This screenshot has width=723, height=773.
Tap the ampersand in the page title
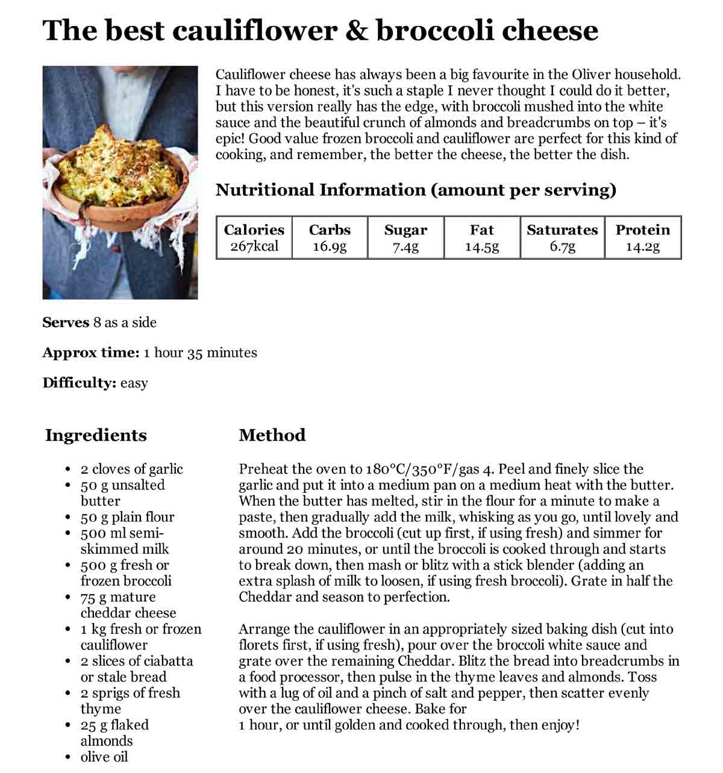coord(356,30)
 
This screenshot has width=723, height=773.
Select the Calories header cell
coord(254,230)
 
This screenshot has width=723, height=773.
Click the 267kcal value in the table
coord(254,246)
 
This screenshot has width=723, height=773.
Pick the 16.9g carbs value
coord(330,246)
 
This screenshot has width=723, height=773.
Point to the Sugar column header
coord(405,230)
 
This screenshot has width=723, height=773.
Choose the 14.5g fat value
coord(481,246)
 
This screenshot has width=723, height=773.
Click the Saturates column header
coord(562,230)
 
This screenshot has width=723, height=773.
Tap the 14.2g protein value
coord(642,246)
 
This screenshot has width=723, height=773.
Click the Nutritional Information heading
coord(416,190)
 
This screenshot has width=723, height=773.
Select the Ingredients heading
coord(96,435)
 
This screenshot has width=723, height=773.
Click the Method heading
coord(272,435)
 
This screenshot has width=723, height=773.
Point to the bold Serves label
coord(66,322)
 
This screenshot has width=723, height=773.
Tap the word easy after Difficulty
coord(134,383)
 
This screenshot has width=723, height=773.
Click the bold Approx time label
coord(90,352)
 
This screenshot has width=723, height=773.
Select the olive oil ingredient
coord(104,757)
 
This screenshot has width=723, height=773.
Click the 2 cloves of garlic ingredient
coord(131,469)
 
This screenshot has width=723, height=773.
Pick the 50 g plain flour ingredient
coord(127,517)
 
